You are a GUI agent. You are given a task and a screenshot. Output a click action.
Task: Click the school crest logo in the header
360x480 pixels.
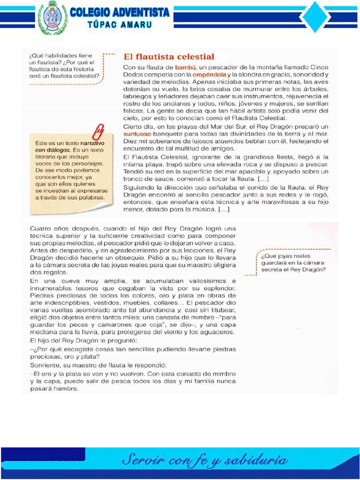[x=52, y=18]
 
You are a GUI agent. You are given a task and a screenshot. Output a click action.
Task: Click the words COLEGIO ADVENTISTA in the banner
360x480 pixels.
[x=120, y=13]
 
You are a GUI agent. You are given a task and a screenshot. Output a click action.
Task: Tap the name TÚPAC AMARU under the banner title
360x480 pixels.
[x=119, y=25]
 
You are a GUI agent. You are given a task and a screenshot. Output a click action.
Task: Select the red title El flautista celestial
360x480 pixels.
[x=169, y=56]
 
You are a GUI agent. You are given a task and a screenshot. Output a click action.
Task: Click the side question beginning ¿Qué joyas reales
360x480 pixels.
[x=293, y=262]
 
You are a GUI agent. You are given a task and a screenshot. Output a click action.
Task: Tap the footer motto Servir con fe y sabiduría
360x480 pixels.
[x=205, y=460]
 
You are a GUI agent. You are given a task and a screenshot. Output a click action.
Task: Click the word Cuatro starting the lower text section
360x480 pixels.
[x=41, y=228]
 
